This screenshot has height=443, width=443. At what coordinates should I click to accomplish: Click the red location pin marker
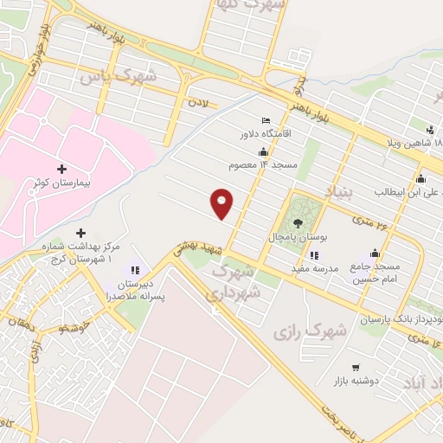pos(222,203)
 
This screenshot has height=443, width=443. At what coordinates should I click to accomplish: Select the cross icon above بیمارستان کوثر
pos(61,168)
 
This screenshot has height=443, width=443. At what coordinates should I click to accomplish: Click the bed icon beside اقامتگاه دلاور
pos(266,120)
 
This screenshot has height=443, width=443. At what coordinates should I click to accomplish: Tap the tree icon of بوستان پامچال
pos(299,221)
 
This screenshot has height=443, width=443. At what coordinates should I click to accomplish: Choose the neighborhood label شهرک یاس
pos(119,76)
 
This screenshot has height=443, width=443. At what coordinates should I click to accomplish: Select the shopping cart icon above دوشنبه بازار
pos(356,367)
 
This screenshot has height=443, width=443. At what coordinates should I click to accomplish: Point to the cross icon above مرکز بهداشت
pos(80,233)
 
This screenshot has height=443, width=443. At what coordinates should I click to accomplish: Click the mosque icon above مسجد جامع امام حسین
pos(375,253)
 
